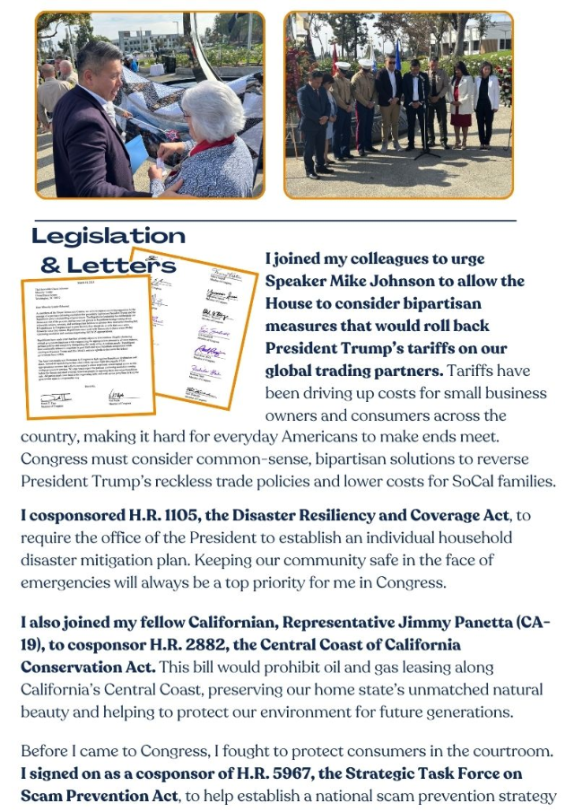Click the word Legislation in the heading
[108, 236]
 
